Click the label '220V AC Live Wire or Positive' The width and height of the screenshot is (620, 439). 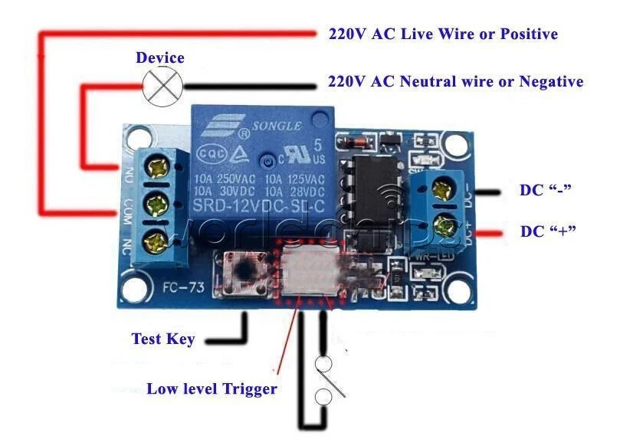pos(442,34)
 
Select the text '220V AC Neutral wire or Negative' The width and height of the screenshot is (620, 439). pos(455,81)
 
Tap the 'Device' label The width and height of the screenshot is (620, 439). pos(160,57)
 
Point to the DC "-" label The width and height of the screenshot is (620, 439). pos(547,190)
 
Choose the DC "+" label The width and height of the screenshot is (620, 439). pos(548,231)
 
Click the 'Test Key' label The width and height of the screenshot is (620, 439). pos(162,339)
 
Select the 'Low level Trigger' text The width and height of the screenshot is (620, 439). pos(212,388)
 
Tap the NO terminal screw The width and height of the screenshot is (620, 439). pos(159,165)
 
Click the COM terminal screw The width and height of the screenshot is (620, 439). pos(159,204)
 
